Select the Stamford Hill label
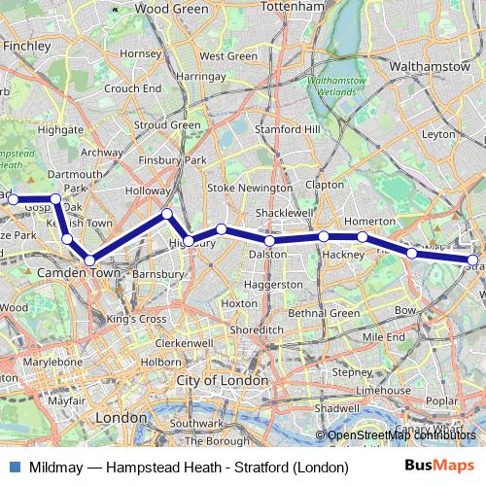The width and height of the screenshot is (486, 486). click(284, 128)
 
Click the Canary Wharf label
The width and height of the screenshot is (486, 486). click(449, 429)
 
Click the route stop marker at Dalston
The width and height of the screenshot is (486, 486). click(269, 240)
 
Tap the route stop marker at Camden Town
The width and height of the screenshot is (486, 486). click(89, 260)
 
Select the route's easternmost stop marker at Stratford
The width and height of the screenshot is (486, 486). click(473, 260)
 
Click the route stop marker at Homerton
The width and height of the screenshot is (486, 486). click(363, 237)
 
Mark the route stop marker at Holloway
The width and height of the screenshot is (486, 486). click(167, 214)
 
